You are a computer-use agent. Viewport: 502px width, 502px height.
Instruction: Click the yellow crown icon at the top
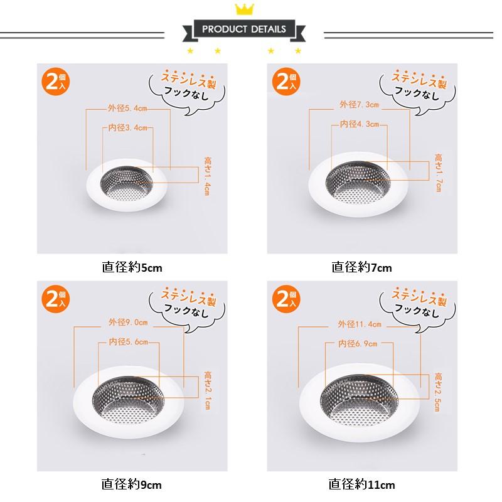tap(244, 9)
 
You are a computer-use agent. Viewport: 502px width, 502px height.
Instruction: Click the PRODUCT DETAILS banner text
tap(244, 29)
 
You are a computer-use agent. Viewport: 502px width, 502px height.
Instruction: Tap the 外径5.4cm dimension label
tap(127, 108)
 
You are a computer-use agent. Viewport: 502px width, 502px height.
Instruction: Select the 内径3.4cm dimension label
tap(127, 127)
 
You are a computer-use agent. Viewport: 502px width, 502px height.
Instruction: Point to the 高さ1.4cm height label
tap(208, 176)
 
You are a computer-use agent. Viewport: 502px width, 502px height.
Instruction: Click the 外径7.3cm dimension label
tap(359, 104)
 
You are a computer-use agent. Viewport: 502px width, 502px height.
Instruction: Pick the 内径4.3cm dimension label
tap(359, 124)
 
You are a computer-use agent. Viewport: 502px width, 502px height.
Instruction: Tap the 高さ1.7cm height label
tap(438, 173)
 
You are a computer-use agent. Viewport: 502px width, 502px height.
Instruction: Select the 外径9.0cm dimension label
tap(128, 322)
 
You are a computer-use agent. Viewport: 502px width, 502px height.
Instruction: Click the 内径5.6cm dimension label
tap(129, 341)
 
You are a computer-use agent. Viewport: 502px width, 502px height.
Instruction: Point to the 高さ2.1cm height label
tap(208, 390)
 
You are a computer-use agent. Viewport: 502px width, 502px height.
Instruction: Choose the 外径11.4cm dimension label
tap(360, 324)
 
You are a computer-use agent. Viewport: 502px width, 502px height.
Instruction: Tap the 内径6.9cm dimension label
tap(358, 343)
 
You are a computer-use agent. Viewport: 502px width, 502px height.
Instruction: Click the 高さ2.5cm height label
tap(438, 392)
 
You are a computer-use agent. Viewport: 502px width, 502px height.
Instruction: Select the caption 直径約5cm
tap(132, 267)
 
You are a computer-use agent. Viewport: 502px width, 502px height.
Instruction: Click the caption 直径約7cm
tap(361, 267)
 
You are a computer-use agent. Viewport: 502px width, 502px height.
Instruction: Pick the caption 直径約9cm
tap(131, 484)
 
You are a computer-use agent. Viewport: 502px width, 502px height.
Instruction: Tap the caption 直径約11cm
tap(361, 484)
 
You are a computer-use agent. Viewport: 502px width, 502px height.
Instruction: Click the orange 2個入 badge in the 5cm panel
tap(55, 82)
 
